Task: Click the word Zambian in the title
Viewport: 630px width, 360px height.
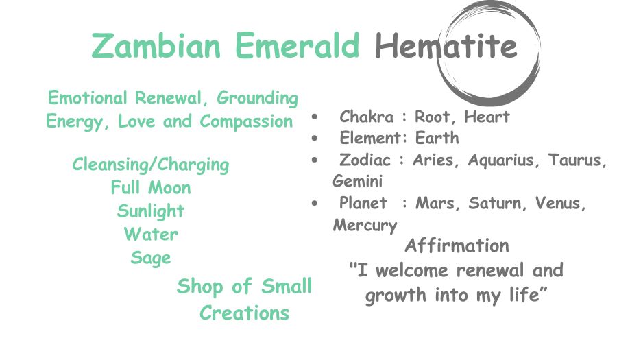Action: click(x=156, y=45)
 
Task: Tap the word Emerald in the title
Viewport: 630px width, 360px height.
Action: click(x=297, y=45)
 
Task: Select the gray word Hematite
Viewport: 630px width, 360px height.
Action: click(x=446, y=45)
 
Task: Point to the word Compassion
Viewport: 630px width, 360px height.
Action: click(x=246, y=121)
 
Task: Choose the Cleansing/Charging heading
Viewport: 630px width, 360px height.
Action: click(x=151, y=165)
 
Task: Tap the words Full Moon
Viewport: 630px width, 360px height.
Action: click(x=151, y=188)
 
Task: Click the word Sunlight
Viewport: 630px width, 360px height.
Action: click(x=151, y=211)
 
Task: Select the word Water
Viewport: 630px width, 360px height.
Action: click(x=151, y=235)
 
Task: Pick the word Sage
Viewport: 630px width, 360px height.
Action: click(x=151, y=258)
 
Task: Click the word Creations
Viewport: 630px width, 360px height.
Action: click(x=244, y=313)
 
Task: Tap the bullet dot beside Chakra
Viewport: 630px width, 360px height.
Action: click(x=315, y=117)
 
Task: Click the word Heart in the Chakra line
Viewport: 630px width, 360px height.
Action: click(x=487, y=117)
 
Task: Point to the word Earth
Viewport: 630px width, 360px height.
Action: click(x=437, y=138)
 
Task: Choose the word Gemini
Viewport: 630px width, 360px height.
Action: click(x=358, y=181)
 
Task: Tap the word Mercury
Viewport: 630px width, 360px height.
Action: click(x=365, y=225)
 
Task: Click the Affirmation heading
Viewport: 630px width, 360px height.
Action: click(x=457, y=245)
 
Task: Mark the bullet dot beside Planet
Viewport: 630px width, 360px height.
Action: click(x=315, y=203)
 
